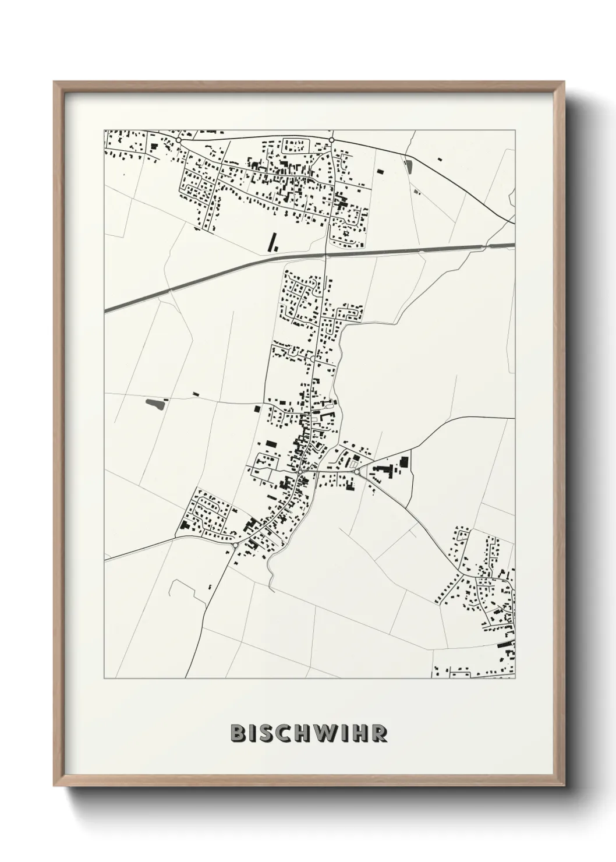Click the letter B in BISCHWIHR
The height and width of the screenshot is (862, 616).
238,733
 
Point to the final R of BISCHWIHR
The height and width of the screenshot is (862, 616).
380,733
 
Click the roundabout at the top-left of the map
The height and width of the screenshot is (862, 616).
179,141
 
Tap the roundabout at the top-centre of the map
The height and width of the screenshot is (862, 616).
331,140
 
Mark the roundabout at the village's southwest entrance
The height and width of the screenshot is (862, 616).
235,545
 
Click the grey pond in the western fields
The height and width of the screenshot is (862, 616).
154,402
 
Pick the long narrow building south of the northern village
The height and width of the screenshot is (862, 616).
271,242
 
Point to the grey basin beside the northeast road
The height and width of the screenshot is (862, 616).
408,167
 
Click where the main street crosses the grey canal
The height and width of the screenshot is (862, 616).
325,255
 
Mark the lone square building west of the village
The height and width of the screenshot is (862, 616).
256,409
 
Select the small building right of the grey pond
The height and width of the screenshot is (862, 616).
196,394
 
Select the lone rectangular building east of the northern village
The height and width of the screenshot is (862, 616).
380,171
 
